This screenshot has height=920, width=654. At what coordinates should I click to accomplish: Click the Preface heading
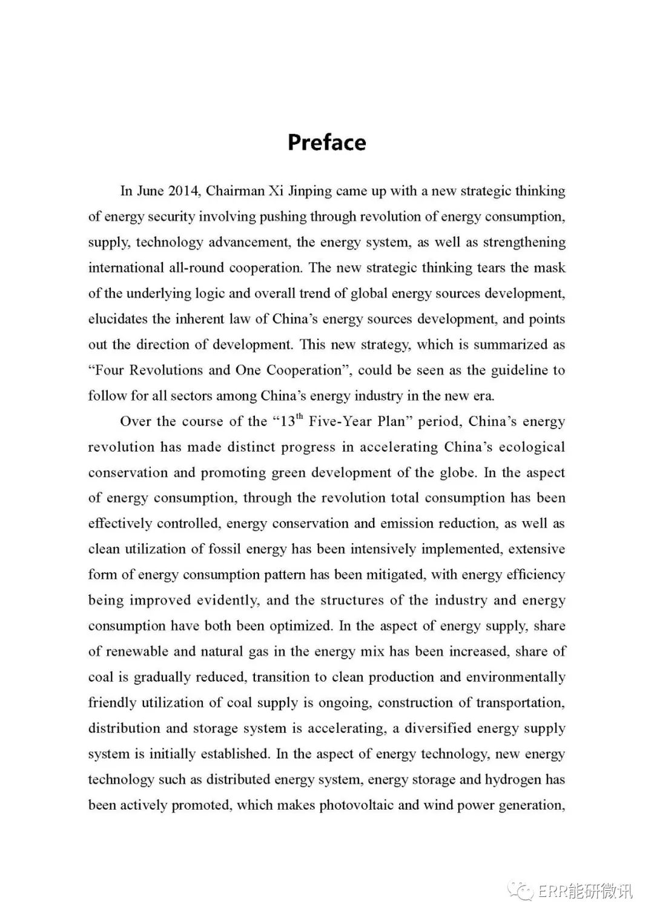[x=326, y=142]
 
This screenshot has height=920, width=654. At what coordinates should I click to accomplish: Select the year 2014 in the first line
[x=183, y=191]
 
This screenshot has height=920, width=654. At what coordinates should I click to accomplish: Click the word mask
[x=551, y=268]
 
